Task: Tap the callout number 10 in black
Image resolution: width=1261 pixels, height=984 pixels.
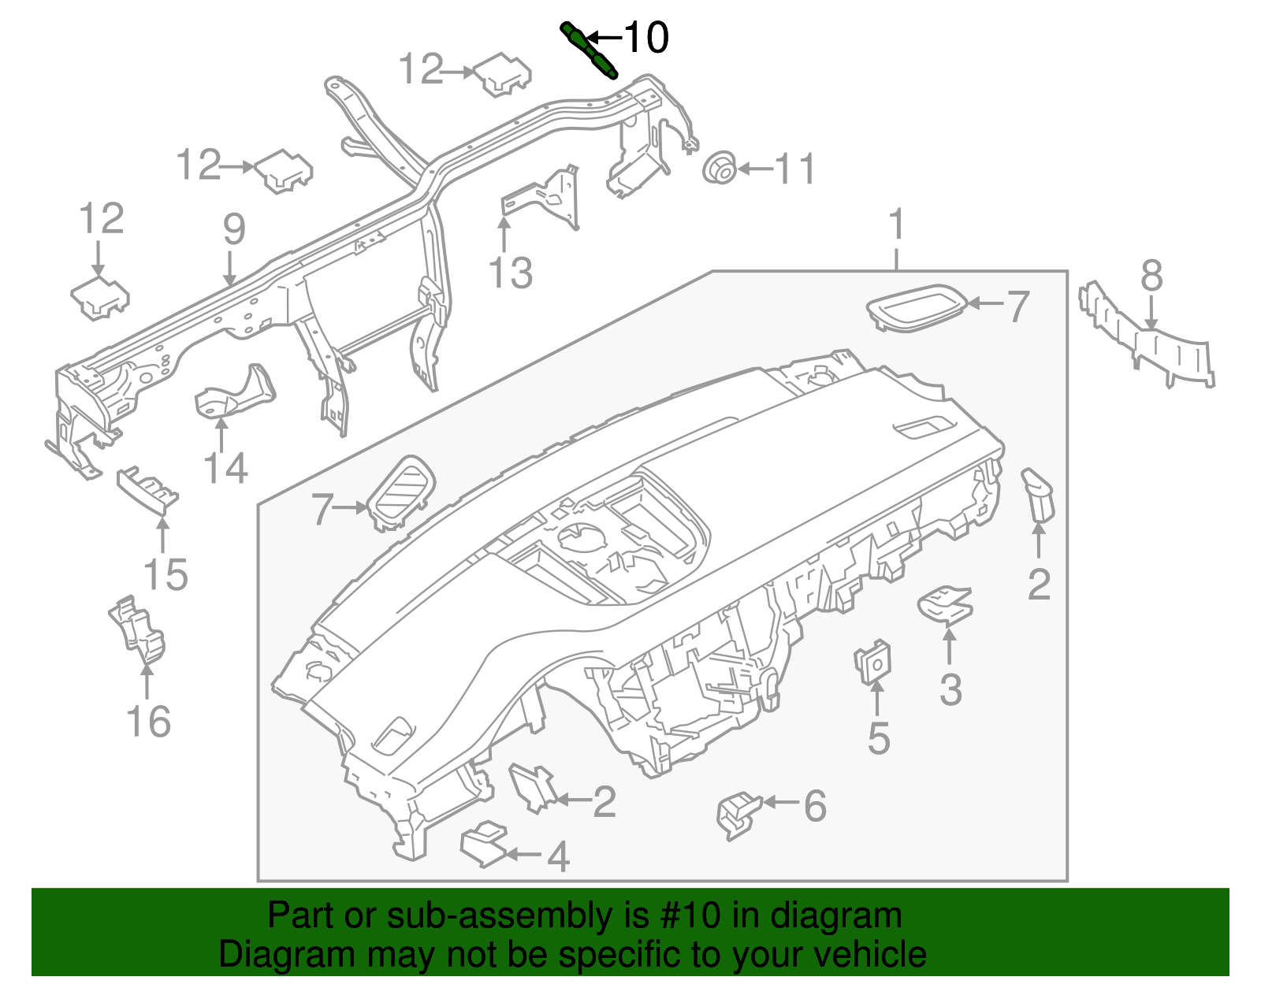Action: pyautogui.click(x=645, y=37)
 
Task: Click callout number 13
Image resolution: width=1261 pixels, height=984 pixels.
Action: pyautogui.click(x=511, y=273)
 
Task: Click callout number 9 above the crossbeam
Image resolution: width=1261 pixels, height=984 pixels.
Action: pyautogui.click(x=234, y=229)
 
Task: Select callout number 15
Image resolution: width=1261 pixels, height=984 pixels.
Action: pyautogui.click(x=166, y=574)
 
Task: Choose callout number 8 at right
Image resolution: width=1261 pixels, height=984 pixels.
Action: pyautogui.click(x=1151, y=277)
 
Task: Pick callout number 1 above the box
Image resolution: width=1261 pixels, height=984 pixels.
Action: pyautogui.click(x=896, y=225)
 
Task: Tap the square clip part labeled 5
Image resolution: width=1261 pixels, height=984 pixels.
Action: pyautogui.click(x=872, y=663)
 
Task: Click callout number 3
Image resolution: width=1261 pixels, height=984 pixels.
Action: pyautogui.click(x=950, y=689)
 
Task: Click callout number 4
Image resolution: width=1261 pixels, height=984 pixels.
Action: pyautogui.click(x=557, y=856)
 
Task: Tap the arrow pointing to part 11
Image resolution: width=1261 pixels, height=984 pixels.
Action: pyautogui.click(x=754, y=169)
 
